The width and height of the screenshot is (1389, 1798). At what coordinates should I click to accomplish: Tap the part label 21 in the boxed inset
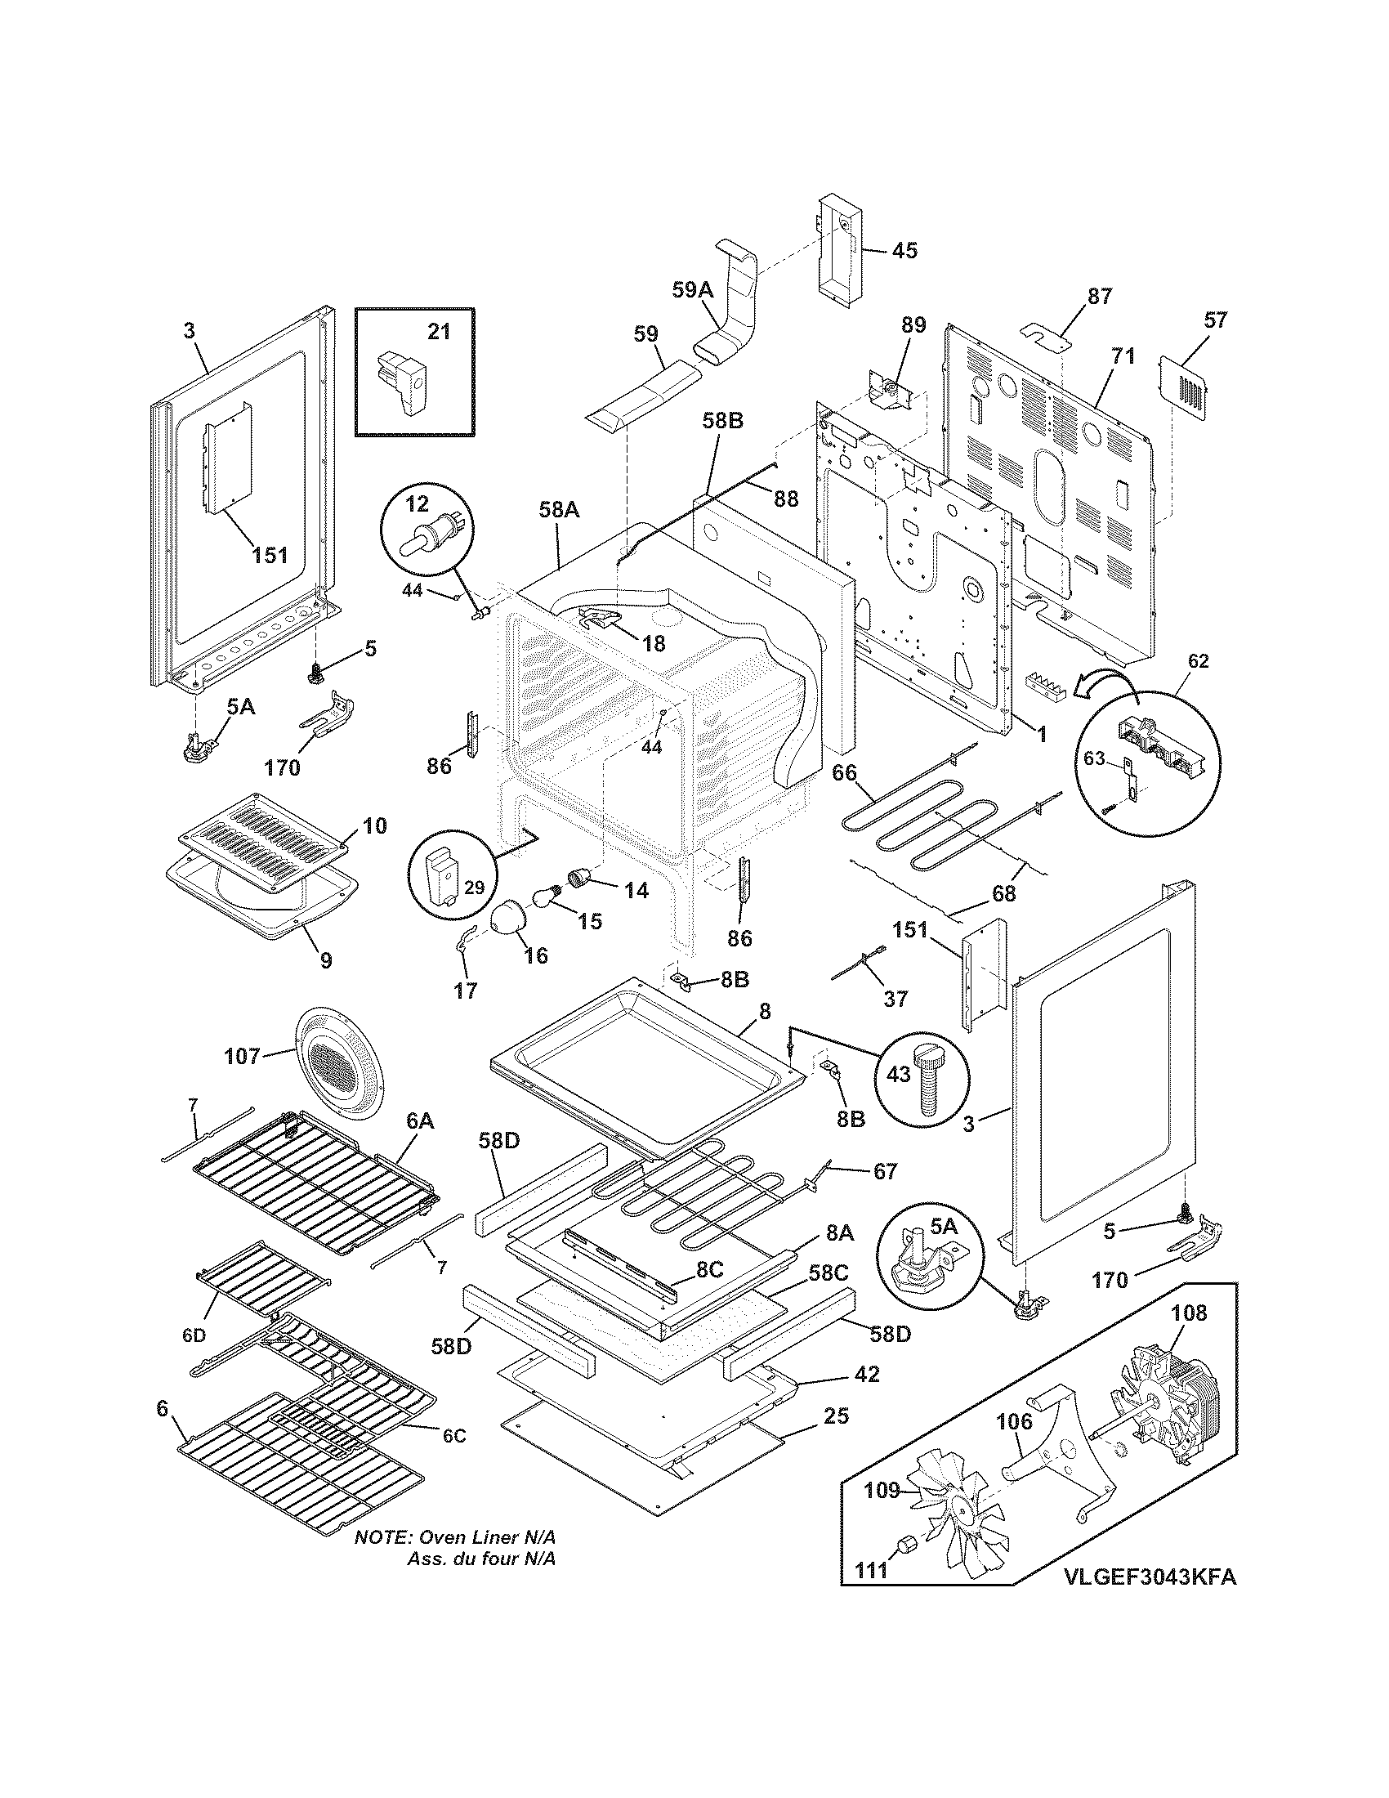coord(439,331)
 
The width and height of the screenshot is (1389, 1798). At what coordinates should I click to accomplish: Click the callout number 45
coord(904,250)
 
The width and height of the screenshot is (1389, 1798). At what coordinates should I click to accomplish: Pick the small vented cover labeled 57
coord(1187,382)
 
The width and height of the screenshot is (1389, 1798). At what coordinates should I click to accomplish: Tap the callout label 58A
coord(559,511)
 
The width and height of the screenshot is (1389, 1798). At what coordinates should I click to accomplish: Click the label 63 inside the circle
coord(1093,758)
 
